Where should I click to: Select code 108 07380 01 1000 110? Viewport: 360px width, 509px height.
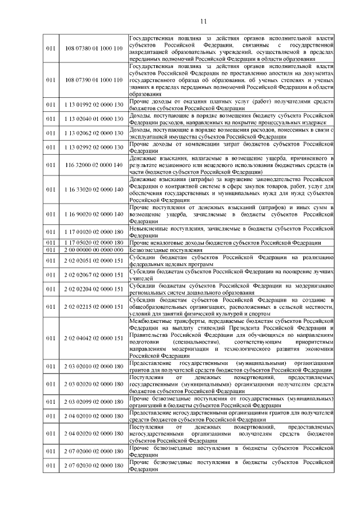point(93,49)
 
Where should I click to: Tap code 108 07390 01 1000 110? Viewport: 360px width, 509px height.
point(93,80)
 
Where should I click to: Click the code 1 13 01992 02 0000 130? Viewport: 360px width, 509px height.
point(93,105)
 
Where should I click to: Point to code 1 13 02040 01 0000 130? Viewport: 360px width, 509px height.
point(93,119)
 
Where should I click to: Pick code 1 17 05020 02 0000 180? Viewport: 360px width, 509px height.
point(93,242)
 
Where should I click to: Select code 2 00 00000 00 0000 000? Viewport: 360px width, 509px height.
point(93,250)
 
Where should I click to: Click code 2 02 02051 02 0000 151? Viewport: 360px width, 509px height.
point(93,260)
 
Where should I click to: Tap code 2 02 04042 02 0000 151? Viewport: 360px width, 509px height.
point(93,338)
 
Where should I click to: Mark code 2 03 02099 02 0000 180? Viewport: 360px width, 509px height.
point(93,402)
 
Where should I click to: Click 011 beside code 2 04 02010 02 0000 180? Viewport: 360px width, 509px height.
point(51,416)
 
